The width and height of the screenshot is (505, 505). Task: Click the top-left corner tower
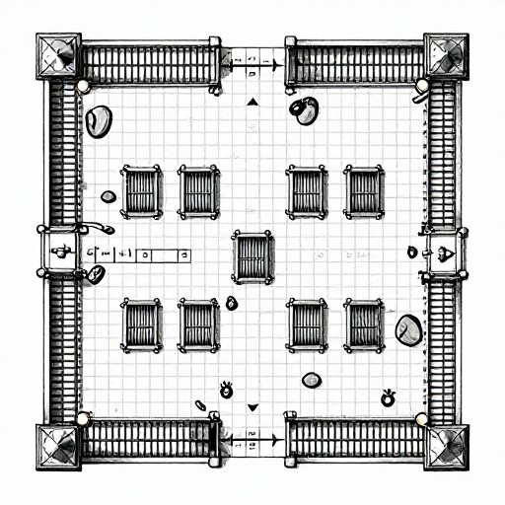pos(58,56)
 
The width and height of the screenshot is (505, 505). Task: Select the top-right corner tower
pos(447,55)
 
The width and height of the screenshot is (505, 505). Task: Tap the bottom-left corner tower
pos(58,446)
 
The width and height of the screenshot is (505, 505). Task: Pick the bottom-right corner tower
pos(447,446)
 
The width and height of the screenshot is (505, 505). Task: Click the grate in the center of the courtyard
pos(253,256)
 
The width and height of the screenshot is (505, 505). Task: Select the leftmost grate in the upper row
pos(141,190)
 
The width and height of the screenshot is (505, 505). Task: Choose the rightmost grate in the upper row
pos(364,190)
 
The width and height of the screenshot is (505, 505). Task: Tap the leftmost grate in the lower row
pos(141,325)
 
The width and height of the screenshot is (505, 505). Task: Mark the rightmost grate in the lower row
pos(364,325)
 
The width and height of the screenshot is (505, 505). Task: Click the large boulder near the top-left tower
pos(99,120)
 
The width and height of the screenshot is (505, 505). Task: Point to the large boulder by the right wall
pos(408,329)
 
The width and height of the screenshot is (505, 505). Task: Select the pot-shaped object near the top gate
pos(305,110)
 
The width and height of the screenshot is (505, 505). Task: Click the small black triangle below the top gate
pos(252,101)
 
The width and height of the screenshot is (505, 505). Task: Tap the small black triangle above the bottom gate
pos(252,406)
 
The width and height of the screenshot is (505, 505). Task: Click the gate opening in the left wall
pos(60,252)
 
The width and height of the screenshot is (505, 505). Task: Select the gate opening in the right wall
pos(444,252)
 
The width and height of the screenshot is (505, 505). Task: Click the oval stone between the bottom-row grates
pos(312,380)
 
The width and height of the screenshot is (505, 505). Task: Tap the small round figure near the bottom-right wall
pos(388,398)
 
